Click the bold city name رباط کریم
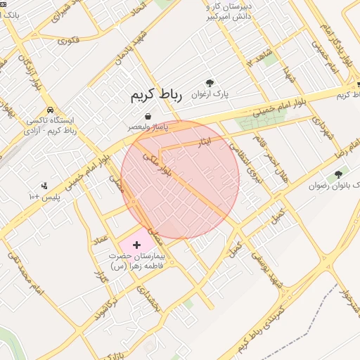click(x=156, y=97)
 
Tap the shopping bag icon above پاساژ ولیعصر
click(x=148, y=116)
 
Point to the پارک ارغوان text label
click(x=218, y=93)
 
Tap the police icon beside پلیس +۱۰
click(x=45, y=186)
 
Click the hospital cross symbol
click(x=136, y=243)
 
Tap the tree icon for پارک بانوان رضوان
click(x=338, y=174)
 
